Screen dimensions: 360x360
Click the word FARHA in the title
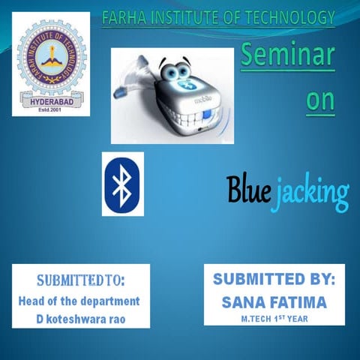[x=124, y=16]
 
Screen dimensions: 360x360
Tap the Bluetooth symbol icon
[x=122, y=184]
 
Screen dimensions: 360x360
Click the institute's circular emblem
[x=49, y=57]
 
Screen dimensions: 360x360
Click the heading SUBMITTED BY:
[x=274, y=279]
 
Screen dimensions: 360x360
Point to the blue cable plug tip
[x=118, y=94]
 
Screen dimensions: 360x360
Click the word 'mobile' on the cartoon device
[x=205, y=98]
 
